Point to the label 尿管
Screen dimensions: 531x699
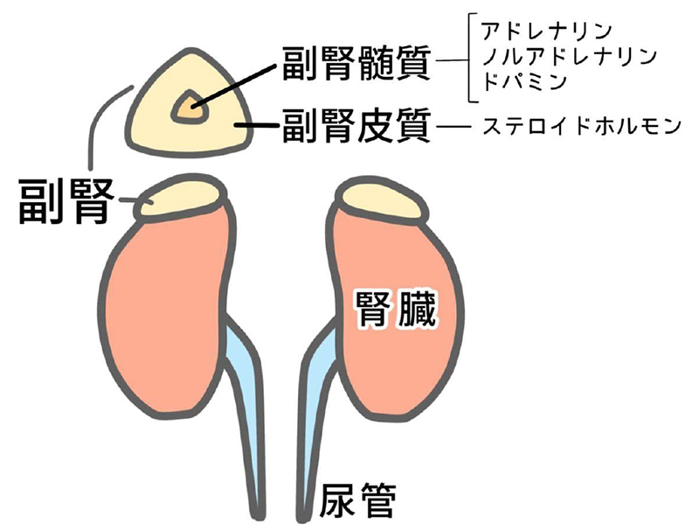[359, 501]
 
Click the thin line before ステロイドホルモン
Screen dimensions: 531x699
[454, 129]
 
